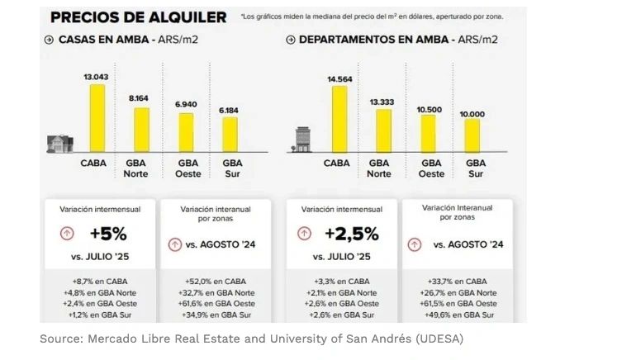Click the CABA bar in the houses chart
97,119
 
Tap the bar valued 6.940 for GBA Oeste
187,133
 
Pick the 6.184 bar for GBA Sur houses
229,135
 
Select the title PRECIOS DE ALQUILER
138,17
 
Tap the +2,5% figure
351,234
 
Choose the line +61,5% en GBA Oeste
457,304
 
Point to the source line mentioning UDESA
253,339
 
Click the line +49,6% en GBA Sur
457,315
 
